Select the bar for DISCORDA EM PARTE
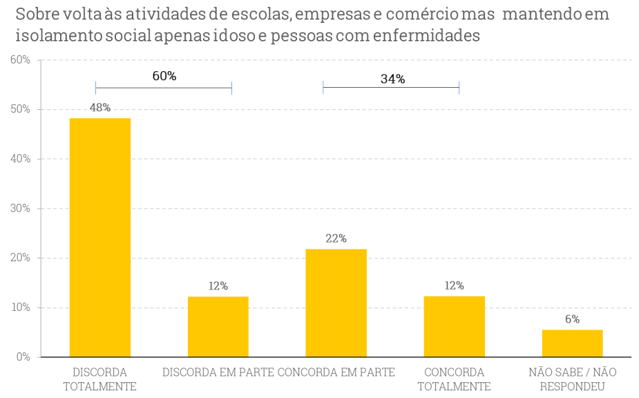[218, 326]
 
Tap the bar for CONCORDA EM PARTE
[336, 303]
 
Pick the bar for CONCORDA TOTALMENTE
[454, 326]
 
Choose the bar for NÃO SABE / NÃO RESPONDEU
[572, 343]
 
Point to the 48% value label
[100, 108]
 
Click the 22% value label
[336, 238]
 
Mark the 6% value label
[572, 319]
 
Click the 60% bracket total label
[164, 76]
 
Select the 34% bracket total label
[392, 79]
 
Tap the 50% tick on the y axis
[20, 109]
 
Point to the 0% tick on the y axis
[23, 357]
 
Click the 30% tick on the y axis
[20, 208]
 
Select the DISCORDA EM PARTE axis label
[218, 372]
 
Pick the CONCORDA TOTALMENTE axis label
[454, 379]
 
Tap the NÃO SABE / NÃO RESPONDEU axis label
[572, 379]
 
